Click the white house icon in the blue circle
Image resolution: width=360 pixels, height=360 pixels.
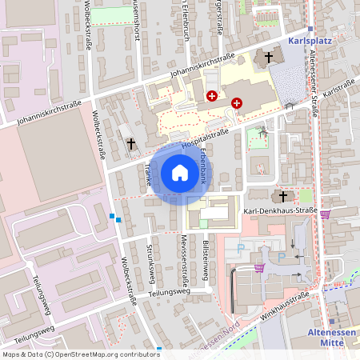tap(180, 172)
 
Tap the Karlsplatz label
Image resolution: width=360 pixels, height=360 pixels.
tap(310, 38)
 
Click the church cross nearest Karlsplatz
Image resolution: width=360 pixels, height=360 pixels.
tap(269, 58)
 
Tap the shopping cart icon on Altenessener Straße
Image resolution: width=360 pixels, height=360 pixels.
tap(325, 214)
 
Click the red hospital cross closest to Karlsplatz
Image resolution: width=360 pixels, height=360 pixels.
tap(237, 103)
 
